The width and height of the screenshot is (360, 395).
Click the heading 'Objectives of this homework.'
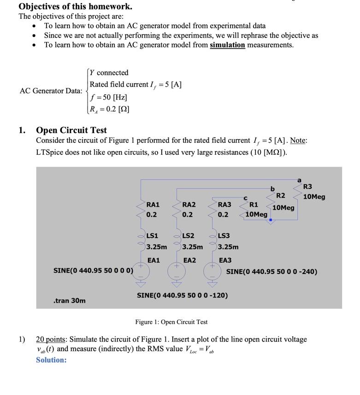point(75,6)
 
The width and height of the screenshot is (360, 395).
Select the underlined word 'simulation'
point(227,45)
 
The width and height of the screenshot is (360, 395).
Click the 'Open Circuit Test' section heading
point(71,130)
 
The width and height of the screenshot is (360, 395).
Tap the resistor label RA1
point(153,204)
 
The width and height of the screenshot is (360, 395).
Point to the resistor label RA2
point(189,204)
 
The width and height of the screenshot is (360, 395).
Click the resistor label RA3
point(224,204)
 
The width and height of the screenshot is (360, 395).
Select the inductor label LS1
point(152,236)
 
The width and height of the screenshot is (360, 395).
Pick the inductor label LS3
point(224,236)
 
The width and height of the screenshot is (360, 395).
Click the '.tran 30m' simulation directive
point(69,301)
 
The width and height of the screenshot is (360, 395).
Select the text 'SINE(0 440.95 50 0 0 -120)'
point(182,295)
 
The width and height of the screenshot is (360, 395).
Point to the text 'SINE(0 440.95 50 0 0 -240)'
point(271,272)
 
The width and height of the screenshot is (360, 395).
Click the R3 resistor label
point(307,186)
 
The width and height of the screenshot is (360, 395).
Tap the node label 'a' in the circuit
point(299,180)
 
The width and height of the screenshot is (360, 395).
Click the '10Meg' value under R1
point(256,214)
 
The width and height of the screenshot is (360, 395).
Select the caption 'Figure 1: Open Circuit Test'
point(171,322)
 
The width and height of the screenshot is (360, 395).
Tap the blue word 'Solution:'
point(51,360)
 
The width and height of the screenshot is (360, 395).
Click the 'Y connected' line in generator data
point(109,73)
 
